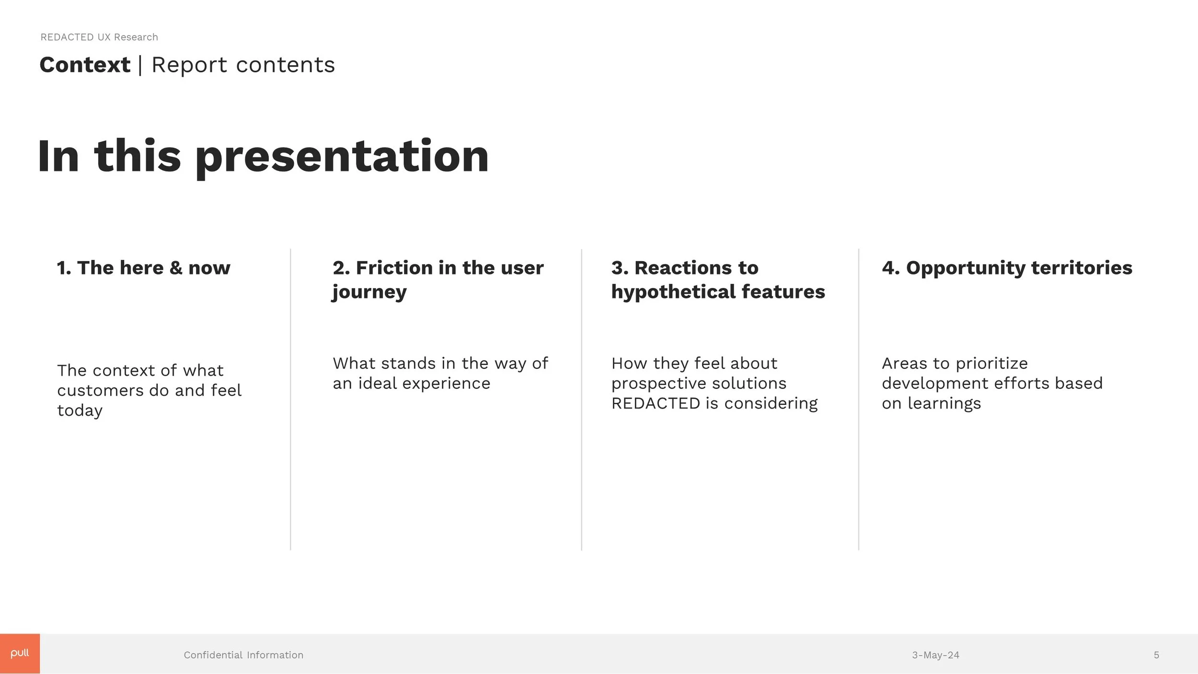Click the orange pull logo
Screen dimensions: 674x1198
tap(20, 653)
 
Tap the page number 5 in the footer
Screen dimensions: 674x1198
tap(1156, 655)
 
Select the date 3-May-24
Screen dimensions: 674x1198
tap(935, 655)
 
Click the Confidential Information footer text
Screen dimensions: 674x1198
tap(243, 655)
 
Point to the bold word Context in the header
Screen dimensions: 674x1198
tap(85, 65)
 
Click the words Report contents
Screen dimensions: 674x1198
tap(243, 65)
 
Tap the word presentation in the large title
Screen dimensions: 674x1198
tap(342, 157)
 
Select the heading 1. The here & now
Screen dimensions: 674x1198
tap(143, 268)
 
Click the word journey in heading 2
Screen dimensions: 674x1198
tap(369, 292)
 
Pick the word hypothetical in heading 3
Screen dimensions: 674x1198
tap(672, 292)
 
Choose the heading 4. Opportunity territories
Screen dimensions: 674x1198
tap(1007, 268)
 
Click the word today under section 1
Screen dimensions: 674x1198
tap(80, 411)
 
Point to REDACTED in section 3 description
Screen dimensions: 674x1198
tap(656, 403)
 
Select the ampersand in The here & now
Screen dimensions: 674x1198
tap(176, 268)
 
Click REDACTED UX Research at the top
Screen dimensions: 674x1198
tap(99, 37)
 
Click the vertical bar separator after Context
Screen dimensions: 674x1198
tap(140, 65)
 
